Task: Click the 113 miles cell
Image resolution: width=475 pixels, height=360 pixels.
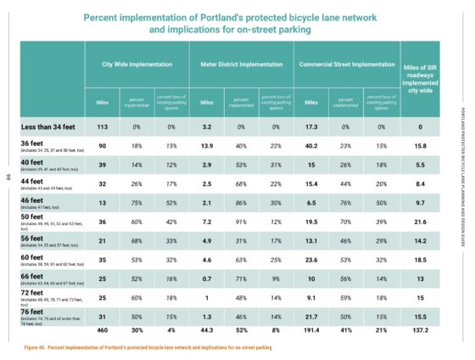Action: pos(102,127)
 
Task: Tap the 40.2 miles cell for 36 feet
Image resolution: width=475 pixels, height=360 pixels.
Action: pos(311,146)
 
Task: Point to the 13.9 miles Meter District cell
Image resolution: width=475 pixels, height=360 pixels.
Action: pos(206,146)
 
